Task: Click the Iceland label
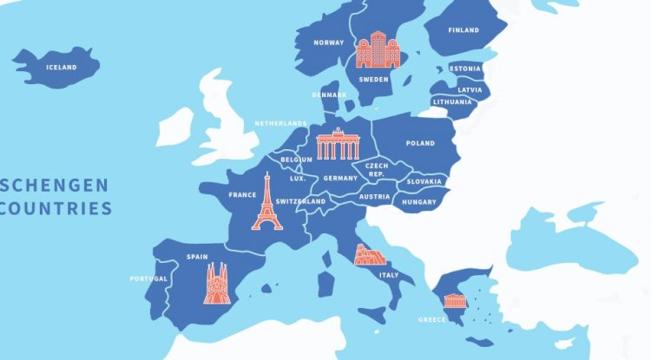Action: click(62, 67)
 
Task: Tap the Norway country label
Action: click(329, 42)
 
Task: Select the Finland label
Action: click(464, 30)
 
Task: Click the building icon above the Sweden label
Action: click(378, 49)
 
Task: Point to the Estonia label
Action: click(465, 69)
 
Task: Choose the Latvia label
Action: click(470, 89)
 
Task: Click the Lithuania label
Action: click(452, 102)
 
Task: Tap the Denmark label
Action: click(330, 95)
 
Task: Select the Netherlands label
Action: click(281, 123)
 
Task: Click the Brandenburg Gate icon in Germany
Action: click(337, 144)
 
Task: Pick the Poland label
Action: click(420, 143)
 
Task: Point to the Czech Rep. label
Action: click(376, 168)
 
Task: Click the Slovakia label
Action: click(424, 181)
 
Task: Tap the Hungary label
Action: click(419, 202)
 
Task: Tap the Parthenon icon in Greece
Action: click(454, 301)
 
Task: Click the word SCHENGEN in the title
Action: click(56, 185)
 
